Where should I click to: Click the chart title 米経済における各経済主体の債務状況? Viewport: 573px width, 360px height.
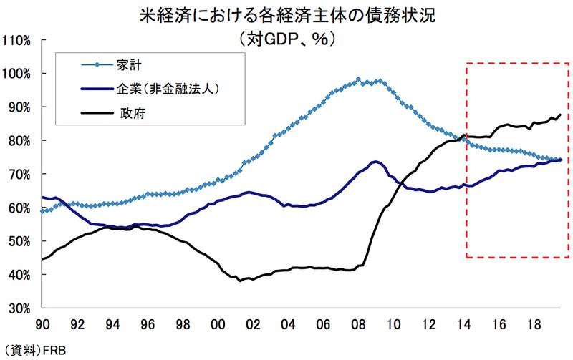(286, 15)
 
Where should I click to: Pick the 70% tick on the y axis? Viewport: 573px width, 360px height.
(18, 175)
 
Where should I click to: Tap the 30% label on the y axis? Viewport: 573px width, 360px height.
(18, 308)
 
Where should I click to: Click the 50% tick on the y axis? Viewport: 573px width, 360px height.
(18, 242)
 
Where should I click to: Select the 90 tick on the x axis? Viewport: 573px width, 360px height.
(44, 323)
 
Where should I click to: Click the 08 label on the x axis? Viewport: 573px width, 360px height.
(356, 323)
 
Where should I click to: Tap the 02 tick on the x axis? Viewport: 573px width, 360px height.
(252, 323)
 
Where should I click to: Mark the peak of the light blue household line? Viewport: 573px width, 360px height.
(358, 79)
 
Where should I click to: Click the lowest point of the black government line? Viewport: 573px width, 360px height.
(240, 281)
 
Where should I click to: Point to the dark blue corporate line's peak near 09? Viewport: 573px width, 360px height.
(375, 162)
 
